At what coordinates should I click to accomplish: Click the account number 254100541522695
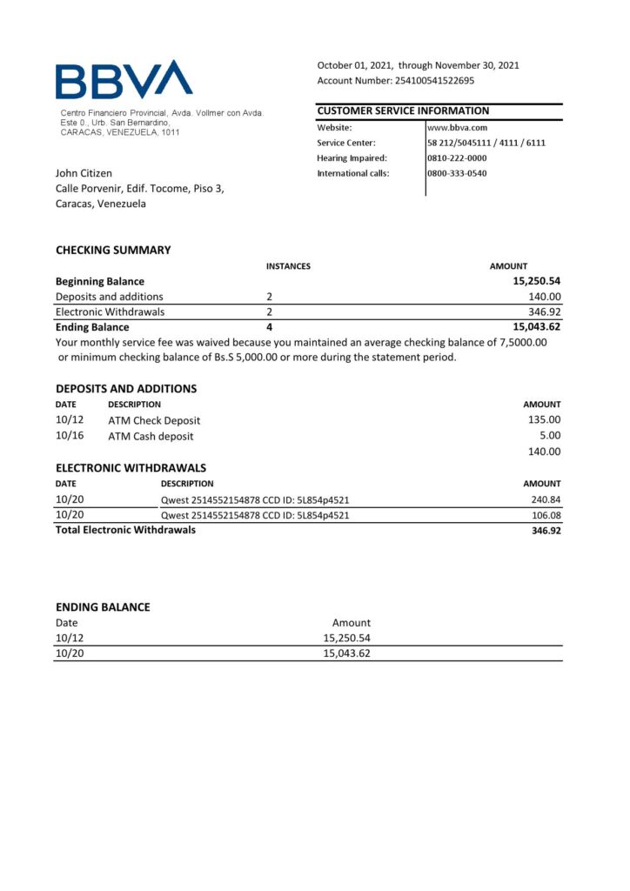(432, 81)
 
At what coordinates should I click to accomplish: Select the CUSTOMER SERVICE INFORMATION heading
(403, 111)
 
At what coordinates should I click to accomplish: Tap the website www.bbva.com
(457, 128)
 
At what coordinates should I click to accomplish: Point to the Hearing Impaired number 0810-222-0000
(457, 158)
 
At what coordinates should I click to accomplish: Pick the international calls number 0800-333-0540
(457, 173)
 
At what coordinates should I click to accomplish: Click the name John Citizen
(84, 173)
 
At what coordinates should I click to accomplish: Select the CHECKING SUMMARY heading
(113, 251)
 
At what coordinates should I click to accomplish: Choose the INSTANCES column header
(288, 266)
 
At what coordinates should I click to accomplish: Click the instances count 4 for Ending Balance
(270, 327)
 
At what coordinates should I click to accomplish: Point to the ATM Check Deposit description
(154, 421)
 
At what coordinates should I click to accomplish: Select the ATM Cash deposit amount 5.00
(550, 436)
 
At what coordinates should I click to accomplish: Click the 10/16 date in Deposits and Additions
(69, 436)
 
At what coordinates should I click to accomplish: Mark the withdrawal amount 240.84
(546, 499)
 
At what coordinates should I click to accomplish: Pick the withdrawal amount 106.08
(546, 515)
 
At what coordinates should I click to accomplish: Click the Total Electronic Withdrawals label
(125, 530)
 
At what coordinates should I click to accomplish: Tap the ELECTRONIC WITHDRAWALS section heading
(131, 467)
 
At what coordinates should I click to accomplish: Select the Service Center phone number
(486, 143)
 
